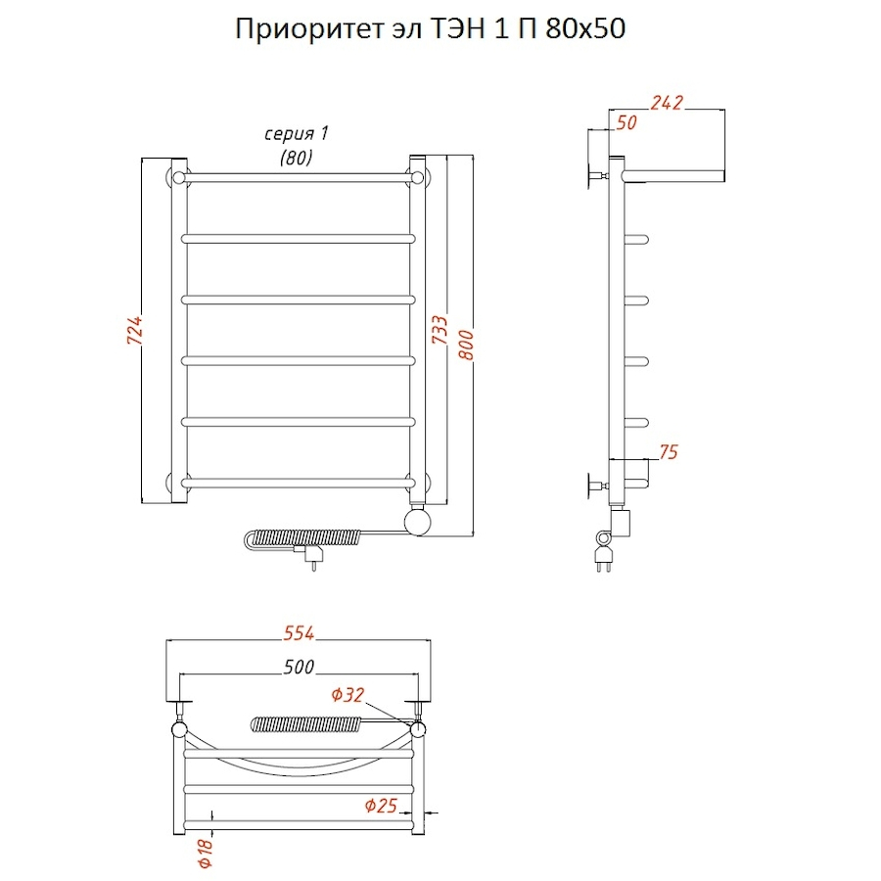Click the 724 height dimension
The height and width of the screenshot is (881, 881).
(135, 331)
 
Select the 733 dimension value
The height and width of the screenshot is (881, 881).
(440, 330)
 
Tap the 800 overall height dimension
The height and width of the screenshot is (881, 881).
(466, 345)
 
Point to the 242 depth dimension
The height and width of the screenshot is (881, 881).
(667, 103)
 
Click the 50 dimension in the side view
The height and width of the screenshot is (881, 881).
(626, 123)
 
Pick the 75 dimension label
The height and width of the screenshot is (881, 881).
(669, 452)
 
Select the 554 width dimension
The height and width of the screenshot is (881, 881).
(299, 633)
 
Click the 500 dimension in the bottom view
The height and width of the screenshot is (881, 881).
(299, 667)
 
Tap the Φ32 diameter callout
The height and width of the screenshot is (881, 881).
(348, 695)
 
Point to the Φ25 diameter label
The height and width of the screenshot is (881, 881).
(381, 806)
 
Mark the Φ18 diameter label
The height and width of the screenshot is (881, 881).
(206, 853)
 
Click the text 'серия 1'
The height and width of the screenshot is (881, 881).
(296, 134)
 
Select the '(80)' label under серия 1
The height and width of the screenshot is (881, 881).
(296, 158)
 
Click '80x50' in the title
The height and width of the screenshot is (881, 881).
(585, 28)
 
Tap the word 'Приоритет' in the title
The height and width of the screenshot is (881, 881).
(308, 29)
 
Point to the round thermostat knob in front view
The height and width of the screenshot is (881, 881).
(417, 522)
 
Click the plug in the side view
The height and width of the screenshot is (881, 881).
(603, 560)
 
